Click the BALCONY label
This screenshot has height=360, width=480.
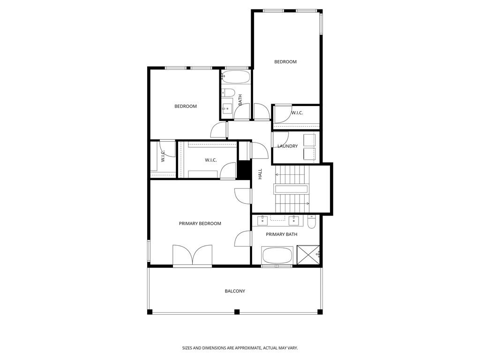235,291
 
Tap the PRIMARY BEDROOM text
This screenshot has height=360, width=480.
200,224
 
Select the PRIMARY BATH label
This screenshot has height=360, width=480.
281,234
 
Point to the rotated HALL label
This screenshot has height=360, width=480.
260,174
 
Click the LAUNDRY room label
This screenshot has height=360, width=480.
287,146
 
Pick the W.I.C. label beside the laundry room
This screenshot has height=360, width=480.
297,113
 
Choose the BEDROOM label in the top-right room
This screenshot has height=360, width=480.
285,62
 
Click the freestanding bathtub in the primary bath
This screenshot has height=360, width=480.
277,255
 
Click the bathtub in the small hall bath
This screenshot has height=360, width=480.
235,76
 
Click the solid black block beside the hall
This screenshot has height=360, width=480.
244,170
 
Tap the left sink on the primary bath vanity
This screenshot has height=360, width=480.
262,220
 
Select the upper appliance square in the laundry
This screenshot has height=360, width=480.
309,139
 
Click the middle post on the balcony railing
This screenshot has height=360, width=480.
237,312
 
